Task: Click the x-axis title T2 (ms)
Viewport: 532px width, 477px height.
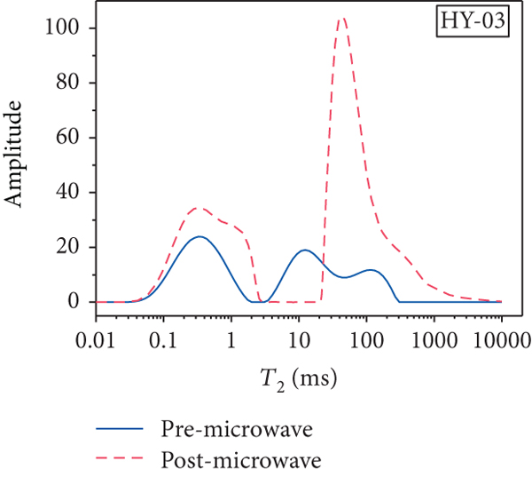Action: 298,377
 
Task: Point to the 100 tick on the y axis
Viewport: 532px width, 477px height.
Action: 68,28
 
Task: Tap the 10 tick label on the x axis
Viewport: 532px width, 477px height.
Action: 299,338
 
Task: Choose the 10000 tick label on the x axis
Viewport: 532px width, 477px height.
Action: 497,338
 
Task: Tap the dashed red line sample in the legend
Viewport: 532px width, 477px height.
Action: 121,461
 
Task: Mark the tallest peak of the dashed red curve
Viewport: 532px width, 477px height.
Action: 342,17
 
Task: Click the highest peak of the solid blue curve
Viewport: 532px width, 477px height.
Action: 199,236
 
